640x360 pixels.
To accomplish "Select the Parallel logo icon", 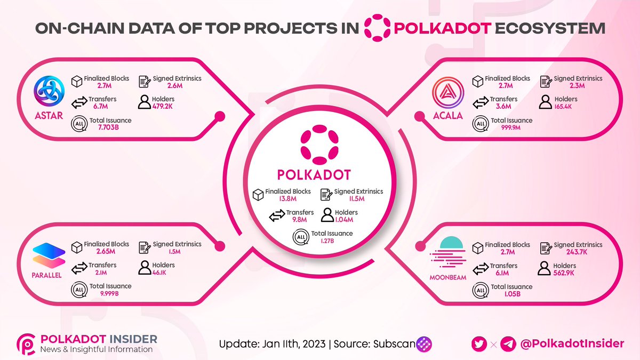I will pos(49,254).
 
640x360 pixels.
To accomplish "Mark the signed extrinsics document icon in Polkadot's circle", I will pos(325,195).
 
